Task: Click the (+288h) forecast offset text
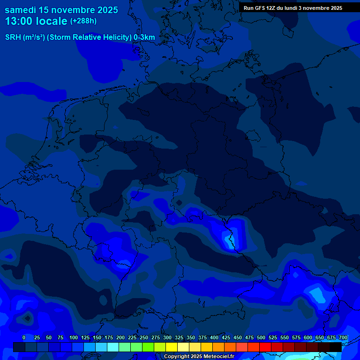click(x=83, y=21)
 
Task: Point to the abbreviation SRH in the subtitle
click(x=13, y=37)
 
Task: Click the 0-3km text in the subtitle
click(x=144, y=37)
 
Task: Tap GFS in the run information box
click(x=260, y=8)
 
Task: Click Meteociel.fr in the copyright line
click(x=218, y=357)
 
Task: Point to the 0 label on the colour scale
click(x=24, y=337)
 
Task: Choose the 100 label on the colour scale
click(x=74, y=337)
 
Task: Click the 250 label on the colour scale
click(x=144, y=337)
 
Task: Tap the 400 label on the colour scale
click(x=214, y=337)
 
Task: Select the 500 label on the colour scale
click(x=261, y=337)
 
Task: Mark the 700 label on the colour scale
click(x=343, y=337)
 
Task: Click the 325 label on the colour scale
click(x=179, y=337)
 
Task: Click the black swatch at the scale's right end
click(x=336, y=347)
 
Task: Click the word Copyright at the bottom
click(x=176, y=357)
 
